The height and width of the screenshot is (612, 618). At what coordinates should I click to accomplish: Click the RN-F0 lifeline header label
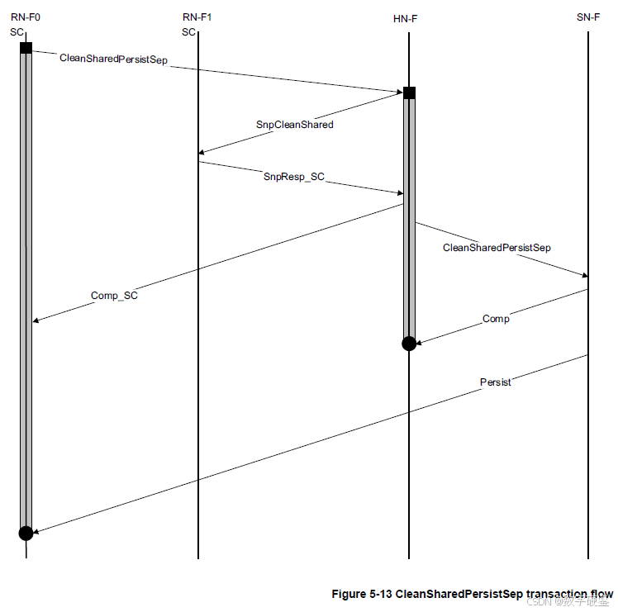click(x=26, y=17)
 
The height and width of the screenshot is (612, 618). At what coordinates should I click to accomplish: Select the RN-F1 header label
click(x=197, y=17)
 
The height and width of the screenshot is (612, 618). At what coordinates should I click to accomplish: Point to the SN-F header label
click(x=588, y=17)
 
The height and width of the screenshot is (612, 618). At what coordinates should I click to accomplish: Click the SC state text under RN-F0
click(x=17, y=32)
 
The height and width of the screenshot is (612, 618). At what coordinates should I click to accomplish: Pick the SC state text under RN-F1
click(x=188, y=32)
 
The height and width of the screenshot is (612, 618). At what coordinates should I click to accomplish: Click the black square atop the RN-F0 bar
click(x=26, y=48)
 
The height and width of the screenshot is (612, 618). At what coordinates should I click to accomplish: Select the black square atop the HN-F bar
click(x=409, y=93)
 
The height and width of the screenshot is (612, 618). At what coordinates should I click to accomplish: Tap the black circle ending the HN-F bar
click(x=409, y=343)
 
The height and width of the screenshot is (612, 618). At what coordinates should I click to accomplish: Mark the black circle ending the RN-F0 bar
click(x=26, y=533)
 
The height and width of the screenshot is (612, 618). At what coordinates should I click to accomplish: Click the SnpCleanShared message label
click(x=294, y=125)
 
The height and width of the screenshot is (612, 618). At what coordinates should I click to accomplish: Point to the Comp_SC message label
click(x=114, y=296)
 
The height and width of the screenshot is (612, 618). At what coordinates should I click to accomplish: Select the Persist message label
click(x=495, y=382)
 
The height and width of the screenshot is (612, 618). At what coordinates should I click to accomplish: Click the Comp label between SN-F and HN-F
click(x=496, y=319)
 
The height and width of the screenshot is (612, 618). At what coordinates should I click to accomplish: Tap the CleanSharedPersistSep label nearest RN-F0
click(x=114, y=59)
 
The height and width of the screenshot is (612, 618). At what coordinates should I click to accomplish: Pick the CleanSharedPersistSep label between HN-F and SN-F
click(x=497, y=247)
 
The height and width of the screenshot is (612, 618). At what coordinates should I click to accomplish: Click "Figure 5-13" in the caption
click(x=361, y=594)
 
